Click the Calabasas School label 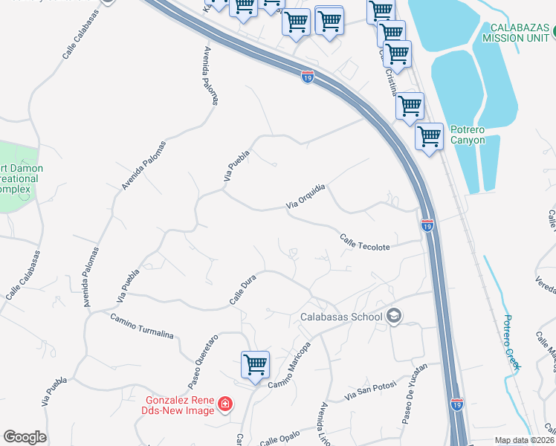[341, 317]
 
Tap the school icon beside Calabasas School [394, 317]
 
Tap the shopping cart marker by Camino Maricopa [255, 365]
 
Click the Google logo [25, 437]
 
